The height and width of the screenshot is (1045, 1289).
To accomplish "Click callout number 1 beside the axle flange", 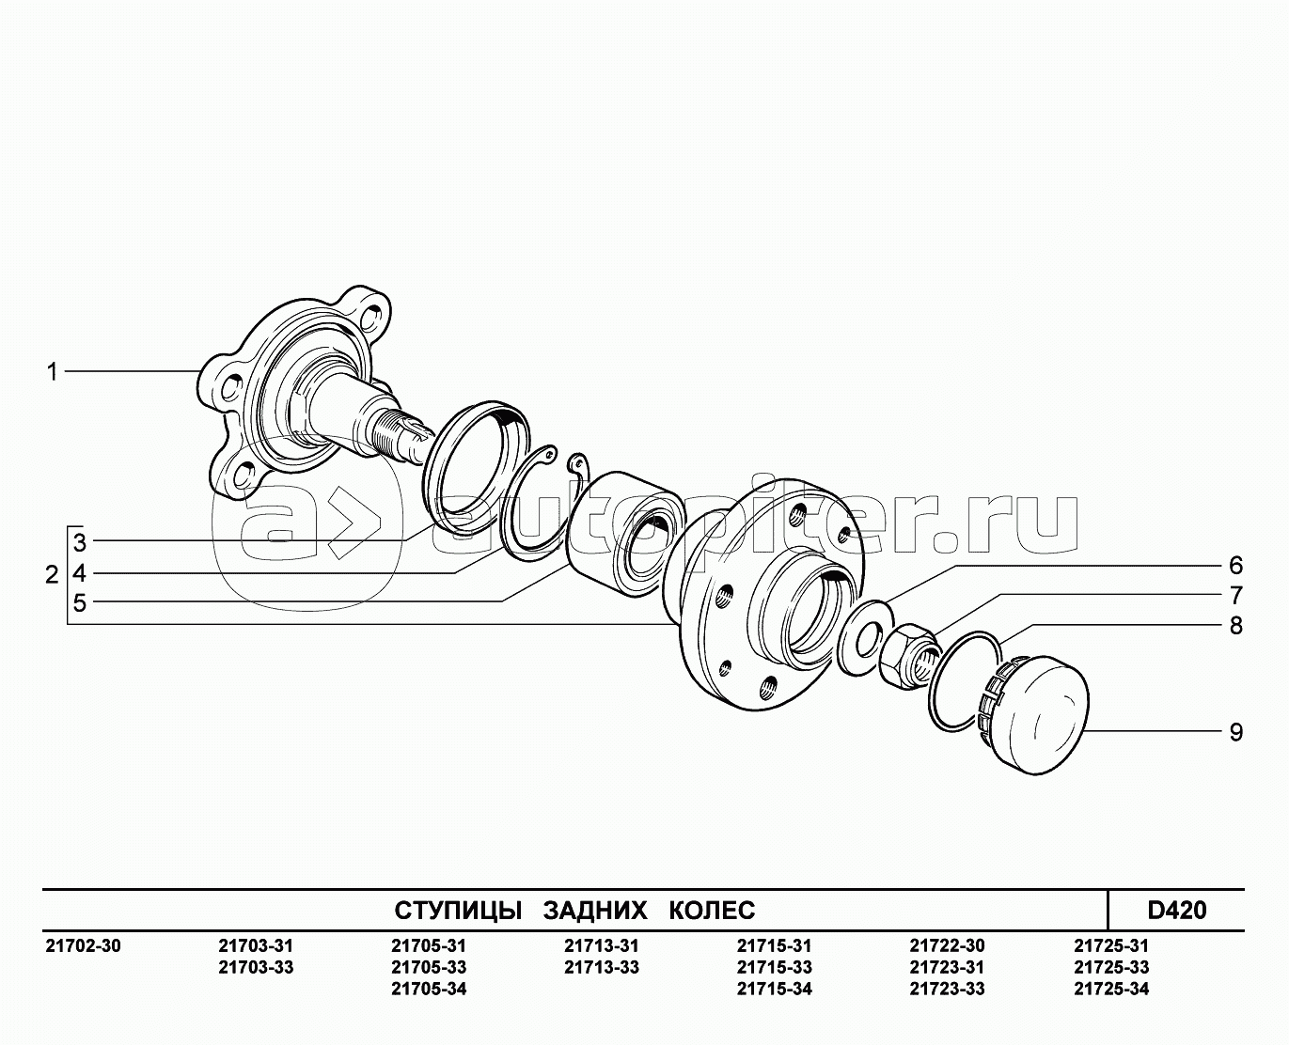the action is (53, 371).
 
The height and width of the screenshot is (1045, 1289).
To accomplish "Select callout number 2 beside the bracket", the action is (52, 574).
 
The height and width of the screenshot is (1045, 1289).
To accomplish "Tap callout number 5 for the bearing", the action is (80, 603).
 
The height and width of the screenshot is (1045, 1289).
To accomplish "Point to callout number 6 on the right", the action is (1235, 565).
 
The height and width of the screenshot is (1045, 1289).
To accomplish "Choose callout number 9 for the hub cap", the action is (1235, 732).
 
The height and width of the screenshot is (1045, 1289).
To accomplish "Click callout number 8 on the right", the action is (1235, 625).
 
